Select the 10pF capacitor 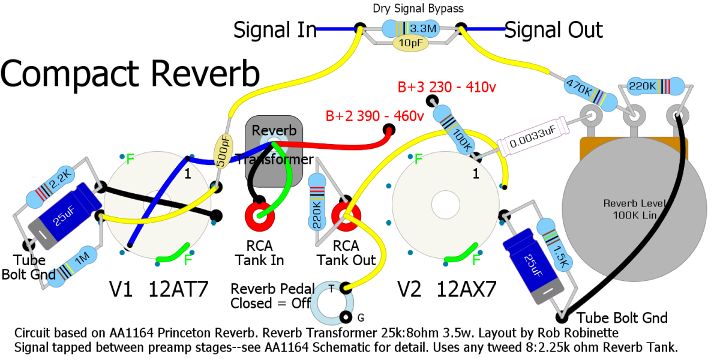coord(410,43)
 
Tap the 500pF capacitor coord(223,151)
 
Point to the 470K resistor coord(590,93)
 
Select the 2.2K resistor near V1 coord(50,187)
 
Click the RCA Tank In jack coord(259,216)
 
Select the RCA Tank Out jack coord(346,216)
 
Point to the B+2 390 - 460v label coord(374,116)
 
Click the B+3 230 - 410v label coord(447,87)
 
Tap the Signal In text coord(275,30)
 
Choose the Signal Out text coord(553,30)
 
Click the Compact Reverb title coord(130,74)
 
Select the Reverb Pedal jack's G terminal coord(346,317)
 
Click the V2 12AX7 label coord(447,289)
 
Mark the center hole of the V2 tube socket coord(445,205)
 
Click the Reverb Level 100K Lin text coord(635,209)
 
